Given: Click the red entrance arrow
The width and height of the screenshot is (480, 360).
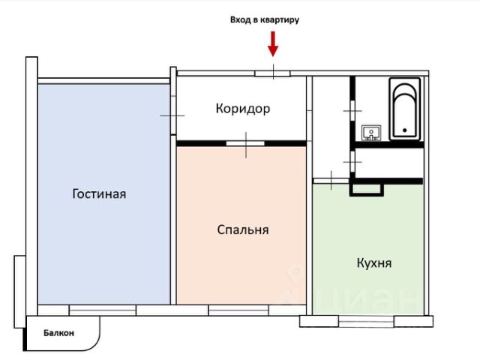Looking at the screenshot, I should tap(273, 44).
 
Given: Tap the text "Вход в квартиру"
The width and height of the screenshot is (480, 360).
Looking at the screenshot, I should tap(265, 20).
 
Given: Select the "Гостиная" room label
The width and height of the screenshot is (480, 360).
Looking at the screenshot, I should tap(99, 194).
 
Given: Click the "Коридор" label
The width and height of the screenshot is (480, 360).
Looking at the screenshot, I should tap(242, 109).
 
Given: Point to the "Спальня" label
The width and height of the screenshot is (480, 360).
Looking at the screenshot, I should tap(241, 230).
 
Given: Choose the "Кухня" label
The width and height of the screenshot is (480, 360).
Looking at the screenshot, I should tap(373, 264).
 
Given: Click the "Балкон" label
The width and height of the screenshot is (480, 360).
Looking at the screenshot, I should tap(58, 334).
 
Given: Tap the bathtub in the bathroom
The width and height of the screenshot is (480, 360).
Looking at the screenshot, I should tap(403, 110).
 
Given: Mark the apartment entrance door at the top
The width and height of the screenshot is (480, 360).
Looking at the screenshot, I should tap(273, 73).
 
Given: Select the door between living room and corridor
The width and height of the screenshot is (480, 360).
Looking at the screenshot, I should tap(172, 116).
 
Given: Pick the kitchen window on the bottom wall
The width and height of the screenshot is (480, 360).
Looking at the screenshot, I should tap(366, 320).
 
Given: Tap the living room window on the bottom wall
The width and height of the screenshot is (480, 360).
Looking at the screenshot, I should tap(102, 309).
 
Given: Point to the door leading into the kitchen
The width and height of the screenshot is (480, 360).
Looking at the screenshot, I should tap(328, 180).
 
